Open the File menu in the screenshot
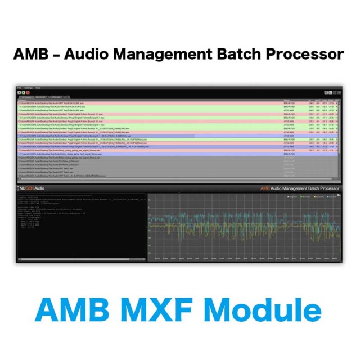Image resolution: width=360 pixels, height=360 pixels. coord(19,88)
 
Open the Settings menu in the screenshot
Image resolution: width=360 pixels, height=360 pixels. coord(28,88)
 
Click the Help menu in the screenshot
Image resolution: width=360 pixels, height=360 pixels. coord(38,88)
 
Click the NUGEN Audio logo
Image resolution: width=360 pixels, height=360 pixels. coord(34,188)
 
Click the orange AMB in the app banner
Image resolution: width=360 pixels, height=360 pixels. coord(264,188)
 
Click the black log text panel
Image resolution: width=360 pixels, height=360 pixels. coord(81,225)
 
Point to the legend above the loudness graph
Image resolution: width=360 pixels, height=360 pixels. coord(312,197)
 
